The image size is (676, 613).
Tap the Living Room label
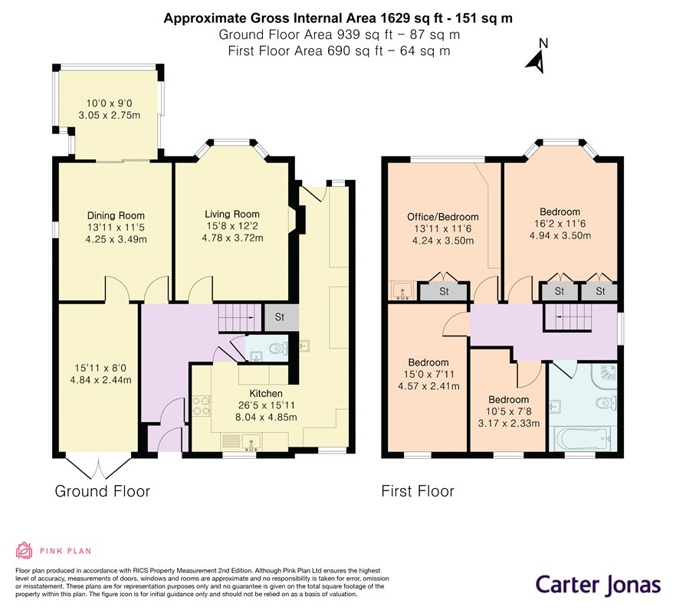pos(232,214)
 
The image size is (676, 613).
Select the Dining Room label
pos(116,215)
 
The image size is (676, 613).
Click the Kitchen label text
pos(266,393)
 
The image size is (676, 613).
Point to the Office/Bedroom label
pos(443,217)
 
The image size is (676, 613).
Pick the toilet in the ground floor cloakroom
pos(278,348)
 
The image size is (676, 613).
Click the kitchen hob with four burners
pos(202,406)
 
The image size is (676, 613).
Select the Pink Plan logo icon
pos(25,550)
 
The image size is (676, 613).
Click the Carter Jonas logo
pos(598,585)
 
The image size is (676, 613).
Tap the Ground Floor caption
pos(102,491)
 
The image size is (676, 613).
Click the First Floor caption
pos(417,491)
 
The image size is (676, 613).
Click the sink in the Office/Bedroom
pos(403,291)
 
